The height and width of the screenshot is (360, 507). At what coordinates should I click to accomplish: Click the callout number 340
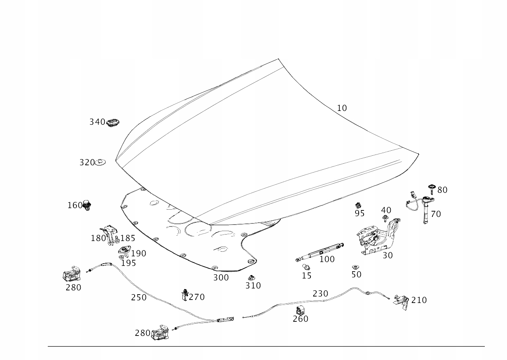point(97,122)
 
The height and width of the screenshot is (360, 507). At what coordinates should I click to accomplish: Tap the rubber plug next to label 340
point(113,123)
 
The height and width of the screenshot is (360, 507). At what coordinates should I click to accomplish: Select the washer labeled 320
point(100,162)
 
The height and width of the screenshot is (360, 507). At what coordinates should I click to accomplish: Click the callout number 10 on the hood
point(342,108)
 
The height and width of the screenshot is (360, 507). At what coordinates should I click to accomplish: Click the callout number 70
point(436,214)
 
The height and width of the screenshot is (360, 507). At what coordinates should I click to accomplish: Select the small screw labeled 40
point(385,218)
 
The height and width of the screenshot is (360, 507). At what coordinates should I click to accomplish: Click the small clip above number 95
point(358,205)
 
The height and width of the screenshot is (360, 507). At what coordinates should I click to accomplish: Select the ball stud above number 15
point(305,267)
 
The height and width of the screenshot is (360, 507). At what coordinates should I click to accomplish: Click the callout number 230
point(320,294)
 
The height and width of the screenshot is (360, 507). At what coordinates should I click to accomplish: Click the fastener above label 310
point(252,277)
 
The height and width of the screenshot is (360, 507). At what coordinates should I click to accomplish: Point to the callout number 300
point(221,278)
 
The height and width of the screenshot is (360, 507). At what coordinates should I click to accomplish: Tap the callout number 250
point(139,298)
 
